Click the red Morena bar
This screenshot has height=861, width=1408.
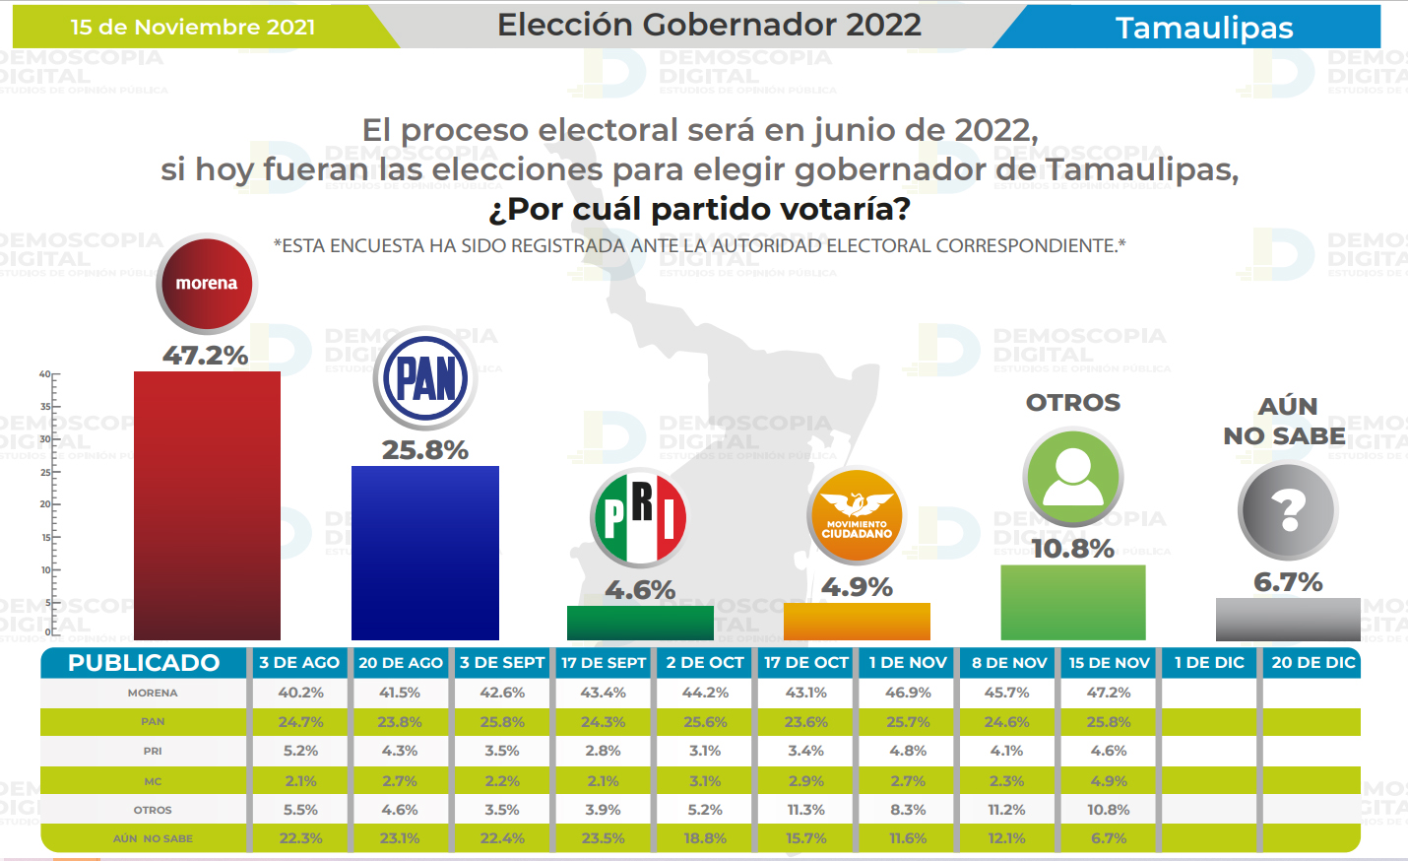click(x=207, y=505)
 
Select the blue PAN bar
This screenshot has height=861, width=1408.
click(x=425, y=553)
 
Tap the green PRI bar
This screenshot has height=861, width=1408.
click(x=640, y=623)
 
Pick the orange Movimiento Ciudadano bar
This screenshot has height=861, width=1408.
click(x=857, y=622)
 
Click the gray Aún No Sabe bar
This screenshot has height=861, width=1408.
click(x=1288, y=619)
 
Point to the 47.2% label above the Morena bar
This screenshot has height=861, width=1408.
click(x=206, y=356)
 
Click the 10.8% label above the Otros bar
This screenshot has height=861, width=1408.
click(x=1072, y=549)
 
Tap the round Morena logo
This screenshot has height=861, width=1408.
click(x=207, y=284)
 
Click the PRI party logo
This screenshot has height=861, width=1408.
click(x=640, y=518)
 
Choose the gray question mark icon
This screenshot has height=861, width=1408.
click(x=1288, y=511)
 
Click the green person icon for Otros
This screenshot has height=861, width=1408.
click(x=1073, y=478)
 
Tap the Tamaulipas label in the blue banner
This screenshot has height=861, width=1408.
click(x=1204, y=28)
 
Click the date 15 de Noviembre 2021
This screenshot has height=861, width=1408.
click(x=193, y=28)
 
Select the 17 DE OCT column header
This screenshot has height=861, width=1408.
click(x=806, y=663)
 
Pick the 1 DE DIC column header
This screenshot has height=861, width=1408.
click(x=1210, y=663)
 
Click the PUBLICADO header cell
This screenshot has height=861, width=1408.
click(x=144, y=663)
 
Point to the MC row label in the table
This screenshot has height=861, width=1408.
click(x=153, y=781)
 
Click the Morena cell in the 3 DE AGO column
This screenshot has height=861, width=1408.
click(x=300, y=693)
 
